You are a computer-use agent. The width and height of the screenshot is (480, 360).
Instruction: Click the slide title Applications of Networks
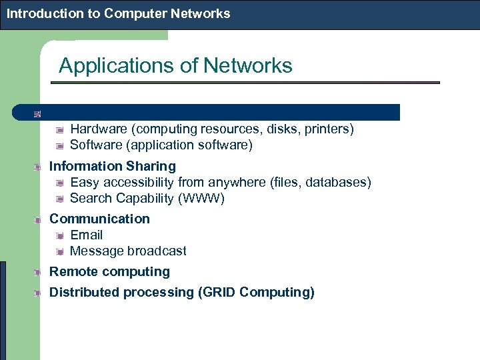click(175, 65)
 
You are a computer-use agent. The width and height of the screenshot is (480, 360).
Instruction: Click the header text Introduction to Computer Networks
click(119, 13)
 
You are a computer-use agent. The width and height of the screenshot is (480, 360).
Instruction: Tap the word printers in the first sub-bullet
click(327, 129)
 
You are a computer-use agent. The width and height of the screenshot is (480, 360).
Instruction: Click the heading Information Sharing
click(113, 166)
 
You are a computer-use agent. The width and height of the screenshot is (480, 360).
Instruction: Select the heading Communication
click(99, 219)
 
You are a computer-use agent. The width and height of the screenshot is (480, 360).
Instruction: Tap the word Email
click(86, 235)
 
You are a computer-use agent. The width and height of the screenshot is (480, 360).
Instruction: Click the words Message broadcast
click(128, 251)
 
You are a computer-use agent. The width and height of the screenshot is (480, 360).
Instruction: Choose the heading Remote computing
click(109, 271)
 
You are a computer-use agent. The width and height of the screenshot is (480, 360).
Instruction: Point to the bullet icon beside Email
click(60, 235)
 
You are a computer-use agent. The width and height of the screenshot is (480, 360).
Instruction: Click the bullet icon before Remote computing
click(39, 272)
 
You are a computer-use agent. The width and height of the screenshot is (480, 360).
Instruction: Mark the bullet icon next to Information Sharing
click(39, 167)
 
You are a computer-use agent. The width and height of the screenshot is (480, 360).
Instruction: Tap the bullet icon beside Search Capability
click(60, 199)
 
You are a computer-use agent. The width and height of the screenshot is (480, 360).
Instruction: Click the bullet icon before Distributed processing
click(39, 293)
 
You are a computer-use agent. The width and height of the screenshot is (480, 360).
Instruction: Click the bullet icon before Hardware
click(60, 129)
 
